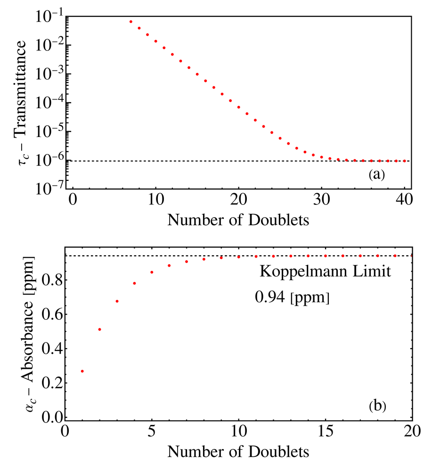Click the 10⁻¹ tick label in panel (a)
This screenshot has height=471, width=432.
49,16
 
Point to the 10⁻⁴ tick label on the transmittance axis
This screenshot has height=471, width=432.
49,103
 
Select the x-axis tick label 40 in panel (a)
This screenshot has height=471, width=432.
404,199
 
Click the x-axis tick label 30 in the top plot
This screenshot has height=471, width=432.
321,199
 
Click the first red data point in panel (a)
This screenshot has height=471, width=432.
131,22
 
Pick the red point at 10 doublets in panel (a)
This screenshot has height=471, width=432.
156,41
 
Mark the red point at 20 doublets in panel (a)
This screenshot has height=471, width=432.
239,107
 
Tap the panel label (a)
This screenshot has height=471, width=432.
377,174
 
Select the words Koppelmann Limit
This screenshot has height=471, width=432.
326,271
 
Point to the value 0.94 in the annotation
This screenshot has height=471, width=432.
269,297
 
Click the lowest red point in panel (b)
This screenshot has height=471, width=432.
82,371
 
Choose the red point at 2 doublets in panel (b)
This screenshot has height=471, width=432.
100,330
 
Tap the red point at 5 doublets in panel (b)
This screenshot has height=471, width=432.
152,272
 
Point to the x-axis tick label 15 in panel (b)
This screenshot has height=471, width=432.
326,431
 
